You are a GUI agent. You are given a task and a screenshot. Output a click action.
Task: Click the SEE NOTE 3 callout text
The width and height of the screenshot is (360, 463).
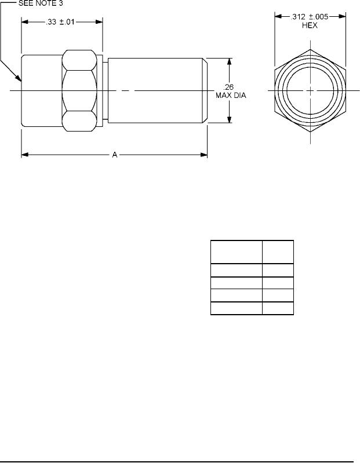[41, 3]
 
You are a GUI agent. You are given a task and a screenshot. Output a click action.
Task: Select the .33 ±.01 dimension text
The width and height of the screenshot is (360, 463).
[60, 22]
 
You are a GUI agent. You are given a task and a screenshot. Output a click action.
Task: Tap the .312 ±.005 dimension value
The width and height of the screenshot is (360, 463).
[310, 17]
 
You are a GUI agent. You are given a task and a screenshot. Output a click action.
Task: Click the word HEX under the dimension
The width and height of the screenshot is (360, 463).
[310, 25]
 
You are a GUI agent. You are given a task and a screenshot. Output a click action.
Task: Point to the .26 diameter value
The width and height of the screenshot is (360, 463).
[228, 88]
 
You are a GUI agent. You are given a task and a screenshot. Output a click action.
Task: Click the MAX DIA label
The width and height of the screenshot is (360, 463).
[231, 96]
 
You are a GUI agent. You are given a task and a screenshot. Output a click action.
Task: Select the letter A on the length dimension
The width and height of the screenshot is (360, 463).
[115, 155]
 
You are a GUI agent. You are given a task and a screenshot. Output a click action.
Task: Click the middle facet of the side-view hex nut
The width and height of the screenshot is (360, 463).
[79, 90]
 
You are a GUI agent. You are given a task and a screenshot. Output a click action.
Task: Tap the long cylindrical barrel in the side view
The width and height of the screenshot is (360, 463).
[155, 90]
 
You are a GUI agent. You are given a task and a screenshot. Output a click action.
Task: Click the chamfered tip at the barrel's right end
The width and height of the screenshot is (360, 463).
[205, 90]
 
